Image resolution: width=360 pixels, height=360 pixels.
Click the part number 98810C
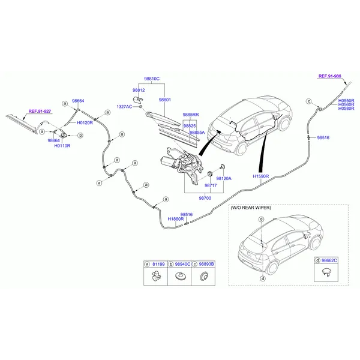click(151, 79)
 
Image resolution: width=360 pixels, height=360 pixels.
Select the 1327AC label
click(124, 106)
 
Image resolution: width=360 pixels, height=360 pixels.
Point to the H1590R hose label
click(261, 176)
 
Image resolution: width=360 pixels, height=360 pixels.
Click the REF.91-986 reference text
click(329, 76)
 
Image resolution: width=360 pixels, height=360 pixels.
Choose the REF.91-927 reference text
click(40, 111)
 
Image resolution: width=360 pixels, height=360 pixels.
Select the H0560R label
click(346, 104)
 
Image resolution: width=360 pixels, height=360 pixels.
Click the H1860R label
click(176, 219)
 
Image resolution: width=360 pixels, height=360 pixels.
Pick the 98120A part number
click(224, 179)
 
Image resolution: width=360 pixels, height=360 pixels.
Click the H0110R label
click(62, 146)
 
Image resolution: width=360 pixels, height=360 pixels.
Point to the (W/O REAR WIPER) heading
click(251, 208)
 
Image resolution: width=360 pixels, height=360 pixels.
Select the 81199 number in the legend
click(158, 264)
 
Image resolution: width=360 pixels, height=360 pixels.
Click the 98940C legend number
click(182, 264)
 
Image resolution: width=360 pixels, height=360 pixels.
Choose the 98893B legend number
click(206, 264)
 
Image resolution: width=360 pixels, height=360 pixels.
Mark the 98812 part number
click(139, 89)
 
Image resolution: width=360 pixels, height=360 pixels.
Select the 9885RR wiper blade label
click(191, 114)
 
